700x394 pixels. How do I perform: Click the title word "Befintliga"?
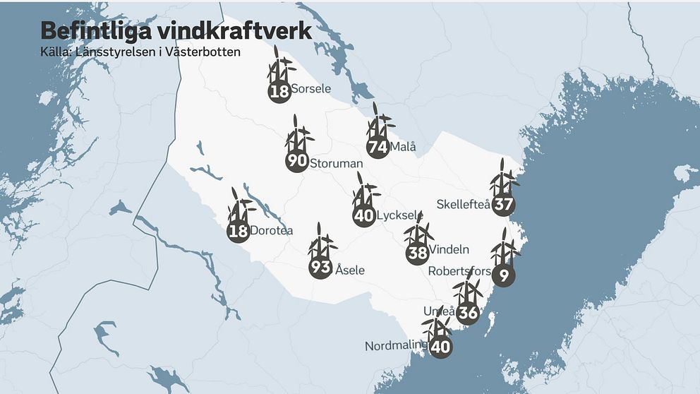(92, 32)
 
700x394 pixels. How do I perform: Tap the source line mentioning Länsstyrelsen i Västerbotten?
(140, 52)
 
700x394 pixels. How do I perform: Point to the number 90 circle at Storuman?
(298, 162)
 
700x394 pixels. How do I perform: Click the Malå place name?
(403, 148)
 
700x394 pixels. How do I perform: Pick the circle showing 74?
(378, 148)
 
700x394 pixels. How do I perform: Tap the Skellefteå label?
(463, 204)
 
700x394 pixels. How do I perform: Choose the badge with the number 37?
(503, 205)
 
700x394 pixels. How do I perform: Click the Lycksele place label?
(400, 215)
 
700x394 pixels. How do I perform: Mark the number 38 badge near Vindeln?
(417, 253)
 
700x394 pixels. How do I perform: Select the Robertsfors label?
(459, 270)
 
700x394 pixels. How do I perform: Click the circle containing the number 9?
(503, 275)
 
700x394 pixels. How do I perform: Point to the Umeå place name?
(434, 311)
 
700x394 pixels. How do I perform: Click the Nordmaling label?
(396, 346)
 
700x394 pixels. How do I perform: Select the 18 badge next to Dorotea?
(239, 231)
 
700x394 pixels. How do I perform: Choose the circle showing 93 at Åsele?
(320, 268)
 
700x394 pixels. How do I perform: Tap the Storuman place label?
(336, 164)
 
